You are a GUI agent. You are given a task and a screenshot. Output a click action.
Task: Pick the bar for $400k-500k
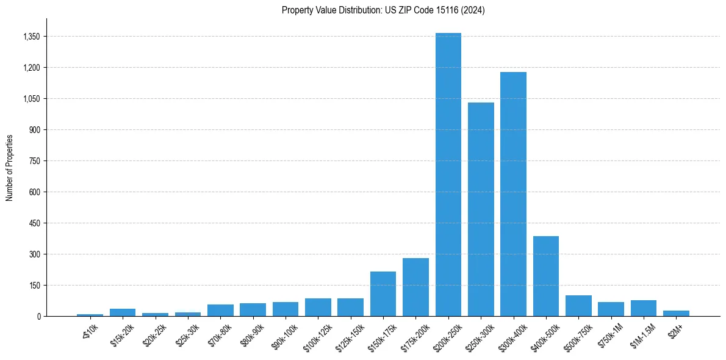546,276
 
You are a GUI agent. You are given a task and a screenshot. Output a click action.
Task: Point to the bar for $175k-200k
415,287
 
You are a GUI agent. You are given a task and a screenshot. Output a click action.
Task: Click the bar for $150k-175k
383,293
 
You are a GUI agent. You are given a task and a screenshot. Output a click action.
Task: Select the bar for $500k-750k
578,306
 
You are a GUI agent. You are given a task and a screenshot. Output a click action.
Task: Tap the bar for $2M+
676,313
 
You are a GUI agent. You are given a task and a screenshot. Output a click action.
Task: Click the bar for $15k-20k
123,312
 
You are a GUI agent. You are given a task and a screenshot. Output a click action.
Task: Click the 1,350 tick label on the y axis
31,37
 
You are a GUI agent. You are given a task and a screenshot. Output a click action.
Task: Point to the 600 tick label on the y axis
34,192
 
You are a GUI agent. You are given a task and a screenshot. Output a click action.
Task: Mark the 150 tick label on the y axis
34,286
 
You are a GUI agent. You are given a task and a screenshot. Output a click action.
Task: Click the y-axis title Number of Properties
10,168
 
